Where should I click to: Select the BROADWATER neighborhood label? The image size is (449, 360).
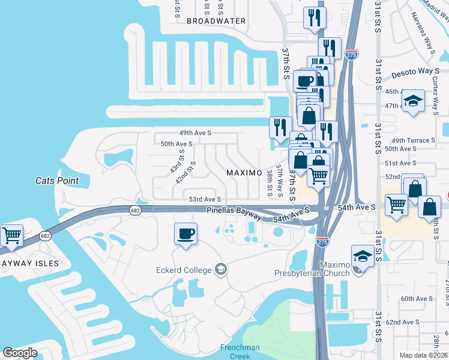click(216, 20)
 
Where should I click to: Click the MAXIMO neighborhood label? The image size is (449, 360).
click(244, 173)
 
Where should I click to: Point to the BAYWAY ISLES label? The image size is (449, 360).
click(29, 263)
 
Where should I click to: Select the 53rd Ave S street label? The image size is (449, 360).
click(205, 199)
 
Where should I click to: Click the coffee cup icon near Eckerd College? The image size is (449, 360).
click(186, 234)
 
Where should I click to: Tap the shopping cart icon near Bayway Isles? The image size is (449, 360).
click(12, 235)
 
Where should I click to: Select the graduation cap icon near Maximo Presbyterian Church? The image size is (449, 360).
click(362, 257)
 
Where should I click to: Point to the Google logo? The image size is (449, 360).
click(20, 353)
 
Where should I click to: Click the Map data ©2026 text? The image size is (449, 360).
click(424, 355)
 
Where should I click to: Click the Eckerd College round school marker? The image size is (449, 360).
click(221, 269)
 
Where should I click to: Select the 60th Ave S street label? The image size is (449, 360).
click(417, 299)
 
